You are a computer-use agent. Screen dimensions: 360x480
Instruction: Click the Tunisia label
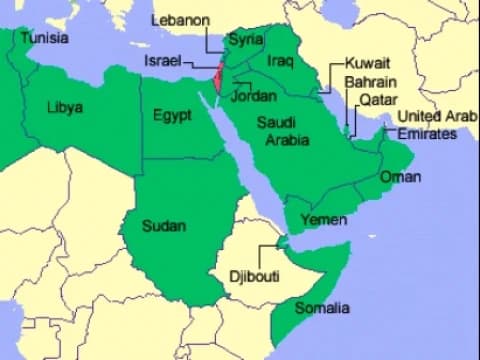click(44, 38)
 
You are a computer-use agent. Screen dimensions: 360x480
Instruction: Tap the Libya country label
click(65, 107)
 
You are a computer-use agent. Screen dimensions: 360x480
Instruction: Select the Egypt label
click(172, 115)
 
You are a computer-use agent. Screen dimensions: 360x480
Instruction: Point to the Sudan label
click(163, 226)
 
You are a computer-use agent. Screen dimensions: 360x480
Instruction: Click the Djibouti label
click(254, 274)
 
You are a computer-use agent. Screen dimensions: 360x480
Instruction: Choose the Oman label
click(400, 177)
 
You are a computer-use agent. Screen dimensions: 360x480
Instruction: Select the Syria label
click(244, 40)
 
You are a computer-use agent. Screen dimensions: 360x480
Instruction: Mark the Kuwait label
click(366, 62)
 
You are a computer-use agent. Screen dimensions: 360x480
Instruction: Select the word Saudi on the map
click(277, 123)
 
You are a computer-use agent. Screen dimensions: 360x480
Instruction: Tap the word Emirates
click(427, 133)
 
